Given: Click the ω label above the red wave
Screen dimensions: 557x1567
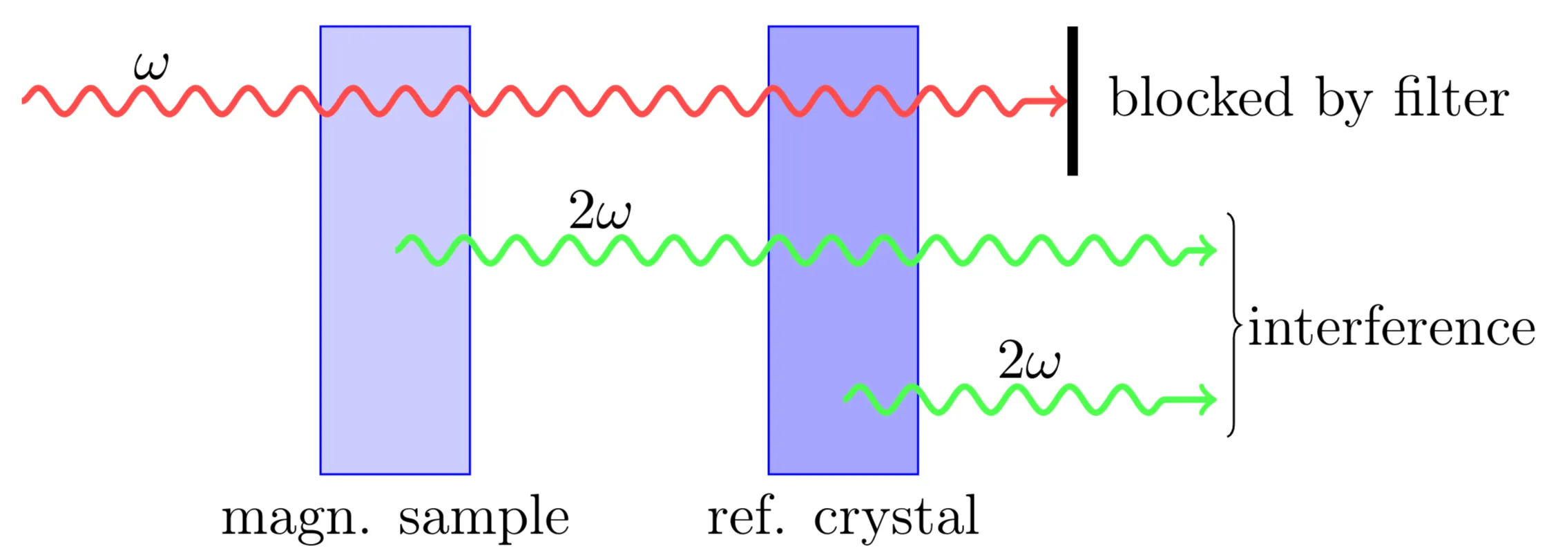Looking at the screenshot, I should click(x=151, y=66).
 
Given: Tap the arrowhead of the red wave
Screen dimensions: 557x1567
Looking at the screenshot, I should click(x=1057, y=101).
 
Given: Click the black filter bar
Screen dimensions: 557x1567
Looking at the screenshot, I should click(x=1072, y=101).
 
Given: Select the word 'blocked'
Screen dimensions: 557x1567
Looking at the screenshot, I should click(x=1200, y=97).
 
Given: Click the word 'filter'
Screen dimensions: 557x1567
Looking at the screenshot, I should click(x=1450, y=97).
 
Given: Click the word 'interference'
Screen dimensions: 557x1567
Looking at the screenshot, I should click(x=1392, y=327).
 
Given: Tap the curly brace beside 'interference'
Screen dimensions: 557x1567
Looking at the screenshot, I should click(x=1233, y=324).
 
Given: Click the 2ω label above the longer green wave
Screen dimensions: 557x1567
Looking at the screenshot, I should click(x=599, y=212).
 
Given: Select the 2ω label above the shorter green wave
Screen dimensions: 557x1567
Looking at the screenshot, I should click(x=1029, y=361).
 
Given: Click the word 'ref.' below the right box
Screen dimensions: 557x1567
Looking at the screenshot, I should click(x=746, y=516).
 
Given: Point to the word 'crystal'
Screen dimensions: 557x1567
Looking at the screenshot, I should click(x=896, y=518).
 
